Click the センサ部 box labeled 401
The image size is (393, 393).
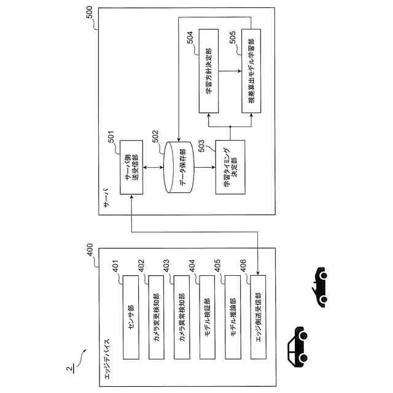click(x=132, y=317)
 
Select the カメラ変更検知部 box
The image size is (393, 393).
click(x=157, y=317)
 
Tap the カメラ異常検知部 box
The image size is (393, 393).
click(x=183, y=317)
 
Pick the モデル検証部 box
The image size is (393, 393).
click(x=208, y=317)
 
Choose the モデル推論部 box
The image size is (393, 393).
click(x=234, y=317)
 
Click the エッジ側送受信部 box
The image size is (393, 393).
click(x=259, y=317)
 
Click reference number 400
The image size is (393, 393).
click(x=90, y=252)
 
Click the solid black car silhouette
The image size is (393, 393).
click(x=297, y=344)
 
